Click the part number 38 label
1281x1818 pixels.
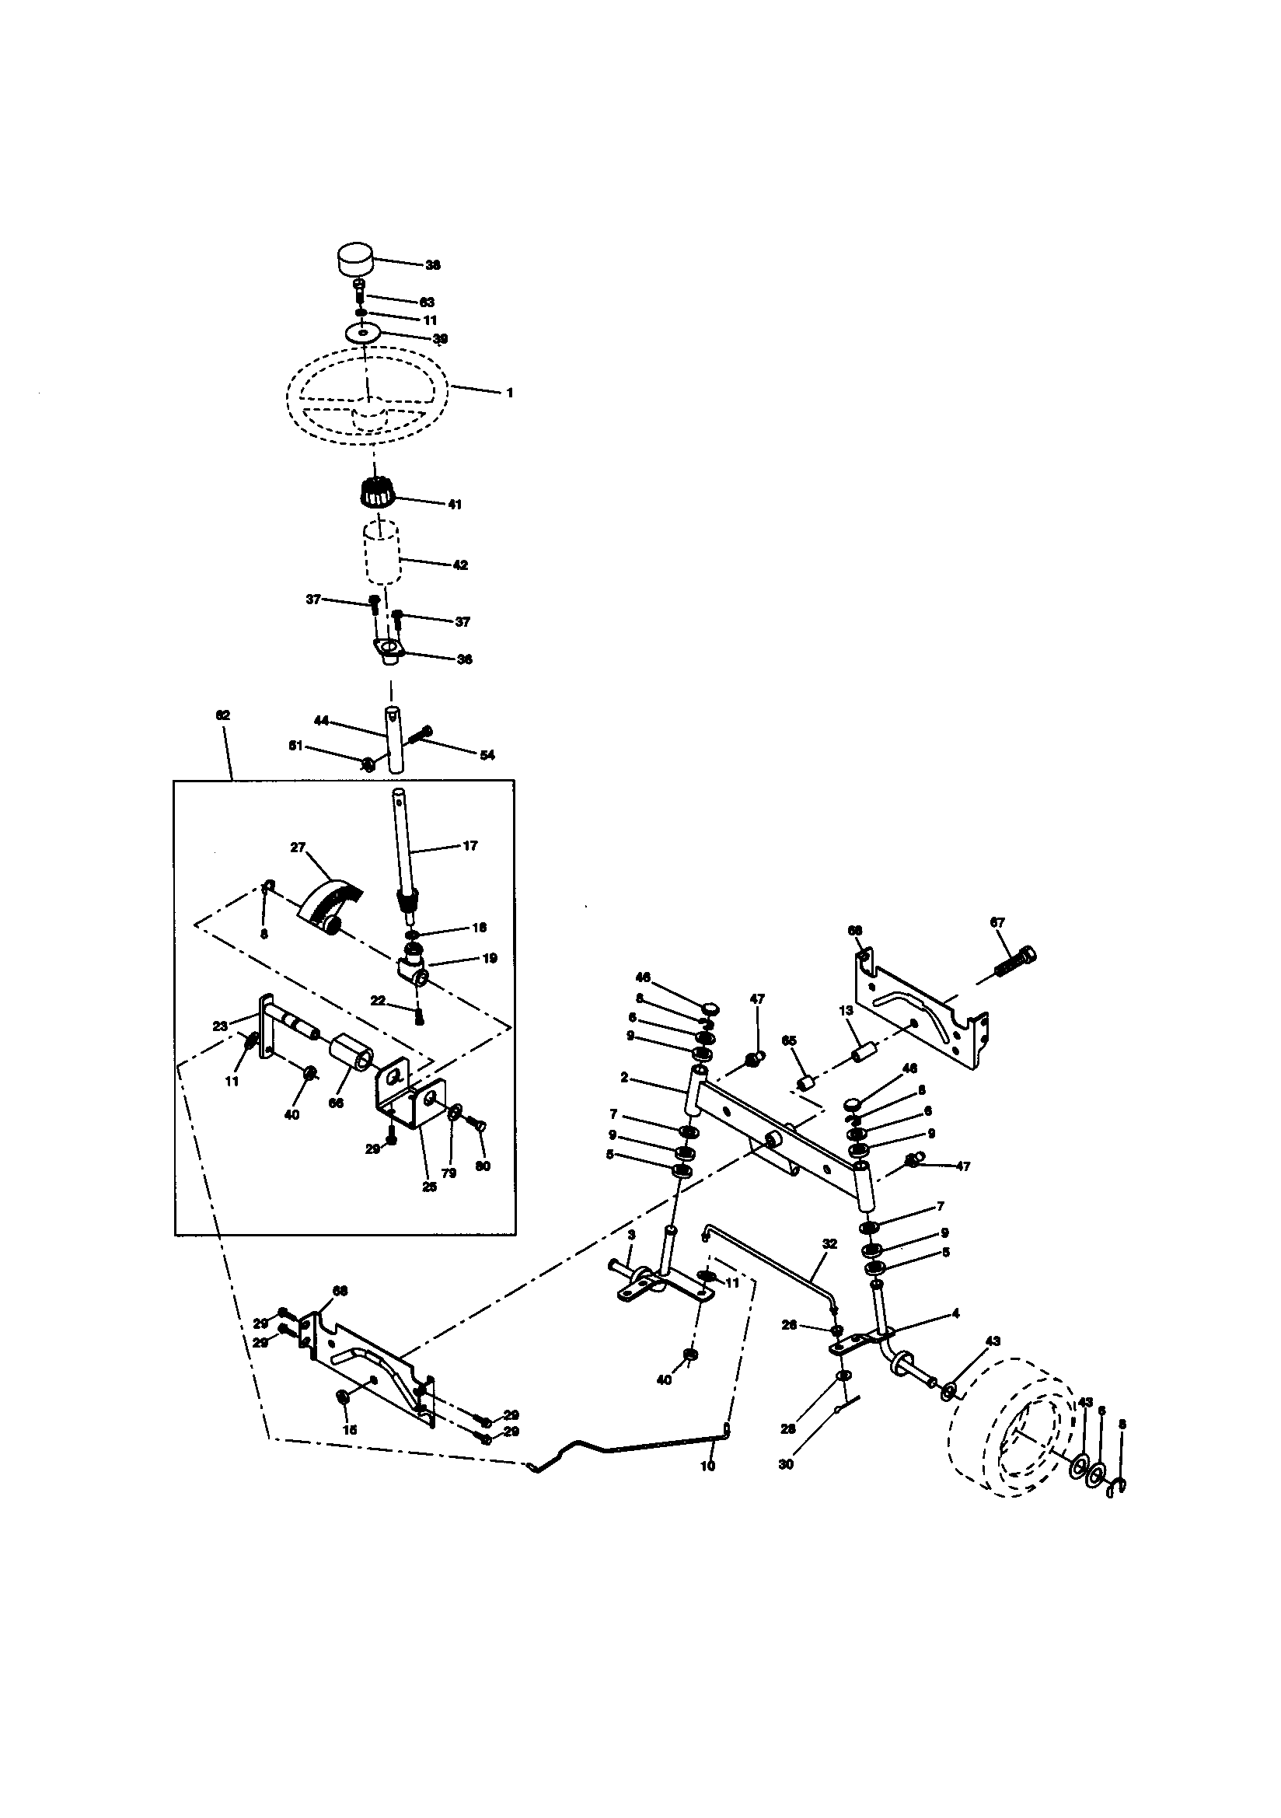click(433, 265)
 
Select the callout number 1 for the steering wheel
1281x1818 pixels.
click(510, 393)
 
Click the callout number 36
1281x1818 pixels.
click(465, 659)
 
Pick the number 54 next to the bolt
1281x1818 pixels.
click(487, 755)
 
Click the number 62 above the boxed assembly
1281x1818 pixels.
click(222, 715)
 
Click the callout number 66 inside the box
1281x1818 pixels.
click(336, 1103)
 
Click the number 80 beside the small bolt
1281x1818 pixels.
click(483, 1166)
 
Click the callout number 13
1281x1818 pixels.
click(846, 1010)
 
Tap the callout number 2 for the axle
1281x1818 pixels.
click(625, 1078)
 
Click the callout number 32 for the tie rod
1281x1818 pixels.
click(829, 1244)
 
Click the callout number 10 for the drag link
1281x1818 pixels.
click(708, 1466)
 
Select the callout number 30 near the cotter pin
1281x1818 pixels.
click(785, 1465)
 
